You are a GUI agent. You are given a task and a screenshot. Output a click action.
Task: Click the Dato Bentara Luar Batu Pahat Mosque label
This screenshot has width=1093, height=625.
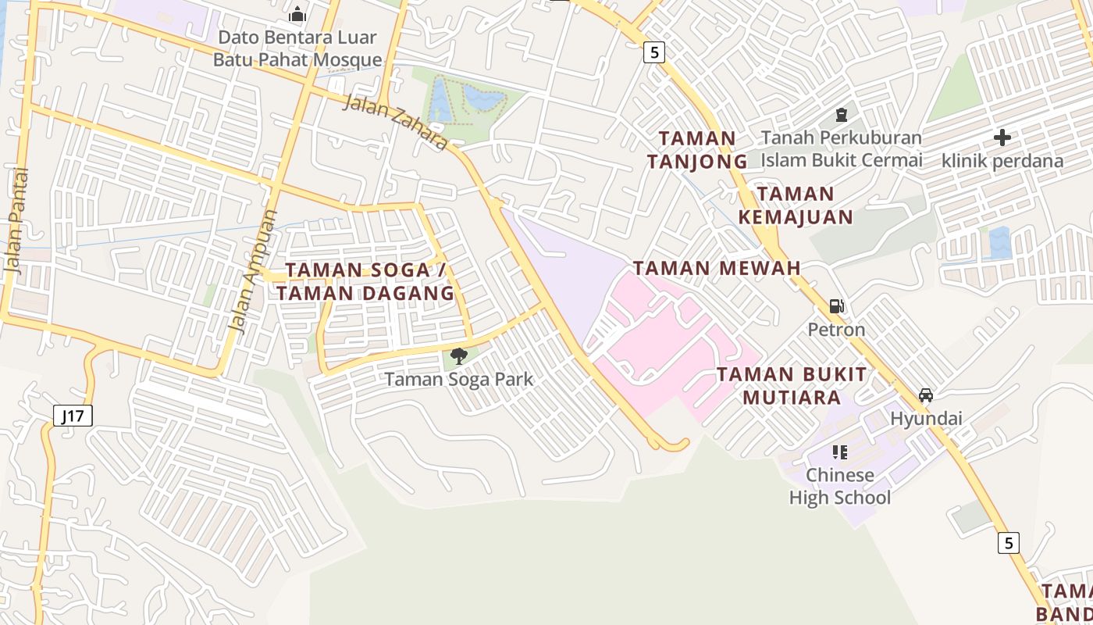coord(297,48)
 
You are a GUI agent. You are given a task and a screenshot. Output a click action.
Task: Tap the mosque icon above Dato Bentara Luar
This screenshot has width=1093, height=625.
coord(297,14)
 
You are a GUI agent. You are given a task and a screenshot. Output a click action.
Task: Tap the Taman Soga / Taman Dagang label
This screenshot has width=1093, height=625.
coord(365,281)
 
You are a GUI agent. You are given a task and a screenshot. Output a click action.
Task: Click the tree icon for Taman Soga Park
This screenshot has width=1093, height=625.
coord(459,356)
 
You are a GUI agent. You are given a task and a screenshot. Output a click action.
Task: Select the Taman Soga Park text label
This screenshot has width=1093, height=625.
coord(459,380)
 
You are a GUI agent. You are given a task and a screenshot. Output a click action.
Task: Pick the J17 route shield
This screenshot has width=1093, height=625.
coord(73,416)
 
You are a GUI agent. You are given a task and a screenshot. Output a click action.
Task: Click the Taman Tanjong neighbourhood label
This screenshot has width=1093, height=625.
coord(696,149)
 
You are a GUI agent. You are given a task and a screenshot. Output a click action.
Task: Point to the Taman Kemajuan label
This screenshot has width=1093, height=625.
coord(796,205)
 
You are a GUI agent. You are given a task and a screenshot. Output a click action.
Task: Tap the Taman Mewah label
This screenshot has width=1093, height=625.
coord(717,268)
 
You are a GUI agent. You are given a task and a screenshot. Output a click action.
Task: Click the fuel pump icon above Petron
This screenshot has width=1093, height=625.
coord(836,306)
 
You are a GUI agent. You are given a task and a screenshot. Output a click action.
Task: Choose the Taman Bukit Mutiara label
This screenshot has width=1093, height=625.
coord(792,385)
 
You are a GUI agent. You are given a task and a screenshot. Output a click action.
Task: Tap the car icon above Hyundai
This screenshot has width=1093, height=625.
coord(926,395)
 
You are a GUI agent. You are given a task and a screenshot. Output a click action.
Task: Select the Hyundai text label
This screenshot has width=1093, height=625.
coord(926,419)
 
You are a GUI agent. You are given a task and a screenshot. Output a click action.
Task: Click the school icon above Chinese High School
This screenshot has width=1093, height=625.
coord(840,452)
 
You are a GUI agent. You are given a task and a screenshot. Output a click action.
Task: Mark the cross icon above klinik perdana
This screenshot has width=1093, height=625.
coord(1002,138)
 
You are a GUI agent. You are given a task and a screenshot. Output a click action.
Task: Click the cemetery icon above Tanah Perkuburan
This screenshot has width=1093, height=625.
coord(842,115)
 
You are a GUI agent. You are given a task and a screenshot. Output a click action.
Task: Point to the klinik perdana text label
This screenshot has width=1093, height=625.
coord(1002,161)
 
